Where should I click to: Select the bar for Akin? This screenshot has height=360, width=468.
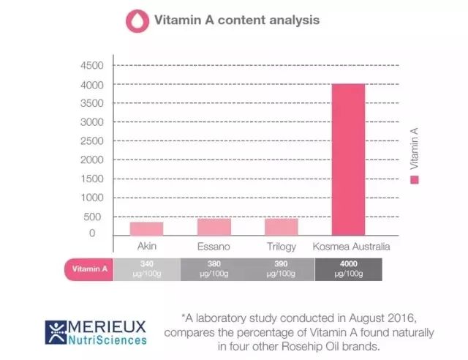pyautogui.click(x=146, y=228)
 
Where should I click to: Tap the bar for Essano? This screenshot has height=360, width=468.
pyautogui.click(x=214, y=226)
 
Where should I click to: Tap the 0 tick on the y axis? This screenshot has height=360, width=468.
pyautogui.click(x=92, y=233)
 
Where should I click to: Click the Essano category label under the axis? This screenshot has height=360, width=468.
pyautogui.click(x=214, y=247)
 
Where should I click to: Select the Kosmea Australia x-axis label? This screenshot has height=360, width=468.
pyautogui.click(x=351, y=247)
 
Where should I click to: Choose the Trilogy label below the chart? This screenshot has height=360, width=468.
pyautogui.click(x=281, y=247)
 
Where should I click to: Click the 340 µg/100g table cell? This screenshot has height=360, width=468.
pyautogui.click(x=146, y=269)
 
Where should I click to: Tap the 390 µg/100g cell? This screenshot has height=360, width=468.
pyautogui.click(x=281, y=269)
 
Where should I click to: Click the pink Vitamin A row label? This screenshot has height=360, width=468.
pyautogui.click(x=90, y=269)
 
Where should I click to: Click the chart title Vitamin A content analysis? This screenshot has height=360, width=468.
pyautogui.click(x=236, y=20)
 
